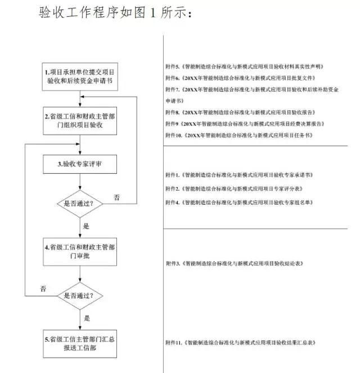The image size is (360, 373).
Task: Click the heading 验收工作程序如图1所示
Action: pyautogui.click(x=115, y=12)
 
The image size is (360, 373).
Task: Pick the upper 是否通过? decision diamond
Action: pyautogui.click(x=80, y=200)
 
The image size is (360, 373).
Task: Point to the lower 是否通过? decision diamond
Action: pyautogui.click(x=80, y=295)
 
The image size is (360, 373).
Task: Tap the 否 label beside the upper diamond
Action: pyautogui.click(x=117, y=197)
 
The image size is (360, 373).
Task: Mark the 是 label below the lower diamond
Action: pyautogui.click(x=87, y=318)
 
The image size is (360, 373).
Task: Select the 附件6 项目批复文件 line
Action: pyautogui.click(x=240, y=78)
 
